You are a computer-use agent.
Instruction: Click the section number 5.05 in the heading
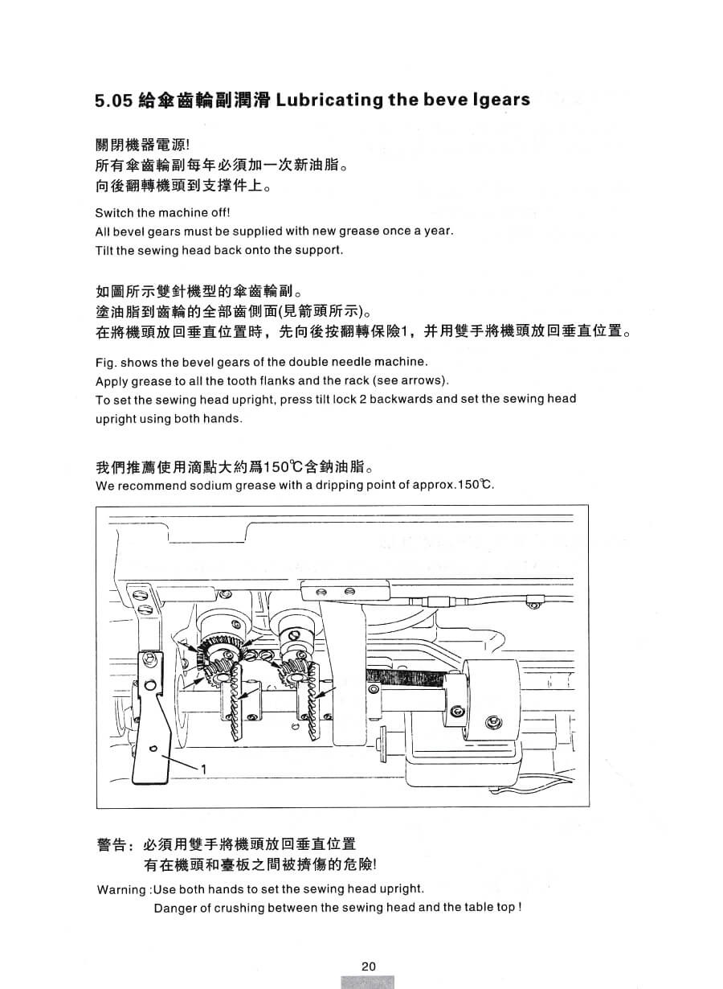click(112, 101)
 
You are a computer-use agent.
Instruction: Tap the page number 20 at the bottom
click(368, 966)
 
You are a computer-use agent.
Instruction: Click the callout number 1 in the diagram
click(204, 769)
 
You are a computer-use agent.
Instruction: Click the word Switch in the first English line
click(112, 213)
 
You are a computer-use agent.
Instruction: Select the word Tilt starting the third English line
click(104, 249)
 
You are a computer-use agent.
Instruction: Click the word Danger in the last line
click(173, 908)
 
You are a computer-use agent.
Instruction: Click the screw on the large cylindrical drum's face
click(493, 723)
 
